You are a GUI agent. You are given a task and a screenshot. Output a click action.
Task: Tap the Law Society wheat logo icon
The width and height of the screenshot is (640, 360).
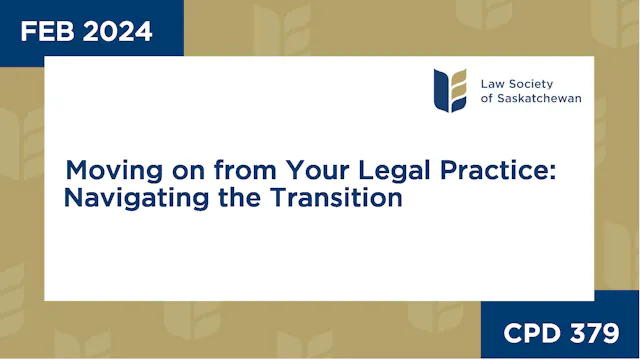click(x=450, y=90)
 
